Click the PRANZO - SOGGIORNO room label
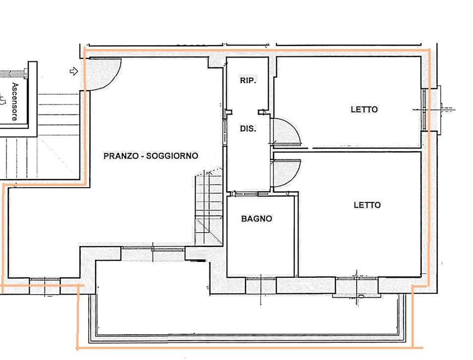click(151, 156)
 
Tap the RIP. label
click(248, 81)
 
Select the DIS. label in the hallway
click(248, 129)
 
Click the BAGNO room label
click(257, 218)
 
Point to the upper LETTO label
click(364, 109)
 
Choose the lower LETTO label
click(367, 205)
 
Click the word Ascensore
click(15, 102)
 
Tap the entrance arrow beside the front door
click(74, 71)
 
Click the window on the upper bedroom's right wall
click(424, 110)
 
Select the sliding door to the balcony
click(153, 249)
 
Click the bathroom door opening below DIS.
click(248, 194)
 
